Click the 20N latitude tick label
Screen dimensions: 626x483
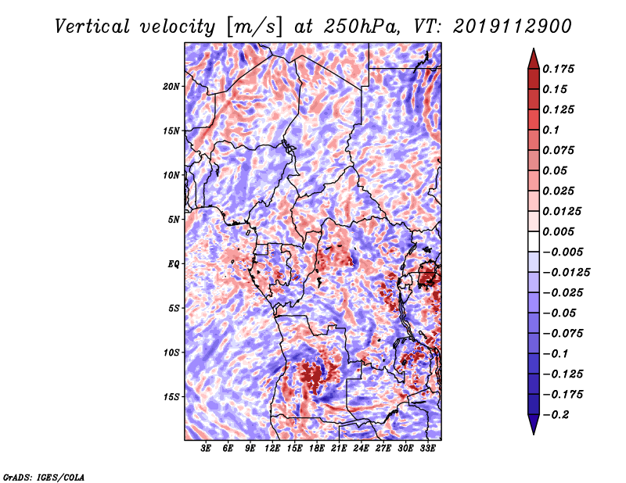[x=171, y=87]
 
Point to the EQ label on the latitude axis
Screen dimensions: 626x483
[x=173, y=264]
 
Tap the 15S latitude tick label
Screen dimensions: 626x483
[x=171, y=397]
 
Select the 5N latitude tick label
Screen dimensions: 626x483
[x=174, y=220]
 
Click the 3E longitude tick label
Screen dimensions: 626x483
[x=206, y=449]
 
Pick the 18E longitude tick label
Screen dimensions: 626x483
[x=317, y=449]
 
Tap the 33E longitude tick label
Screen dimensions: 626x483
[x=427, y=449]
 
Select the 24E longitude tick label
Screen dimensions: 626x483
[x=361, y=449]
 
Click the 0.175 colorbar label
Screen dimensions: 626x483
[x=558, y=69]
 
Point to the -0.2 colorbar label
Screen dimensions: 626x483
[x=555, y=415]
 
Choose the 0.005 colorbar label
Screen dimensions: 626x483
[x=558, y=231]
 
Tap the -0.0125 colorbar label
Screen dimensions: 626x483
[x=566, y=273]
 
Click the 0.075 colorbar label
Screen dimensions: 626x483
[x=558, y=150]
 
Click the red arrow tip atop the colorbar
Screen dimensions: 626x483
[x=534, y=48]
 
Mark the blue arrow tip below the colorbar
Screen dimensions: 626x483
[x=534, y=434]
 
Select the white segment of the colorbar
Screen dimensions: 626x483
[x=534, y=241]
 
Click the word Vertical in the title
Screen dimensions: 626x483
[x=92, y=27]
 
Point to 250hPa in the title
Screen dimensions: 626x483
[x=362, y=27]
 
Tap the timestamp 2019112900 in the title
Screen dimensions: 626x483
[x=513, y=27]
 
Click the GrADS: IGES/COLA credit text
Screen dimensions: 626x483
[x=44, y=477]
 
